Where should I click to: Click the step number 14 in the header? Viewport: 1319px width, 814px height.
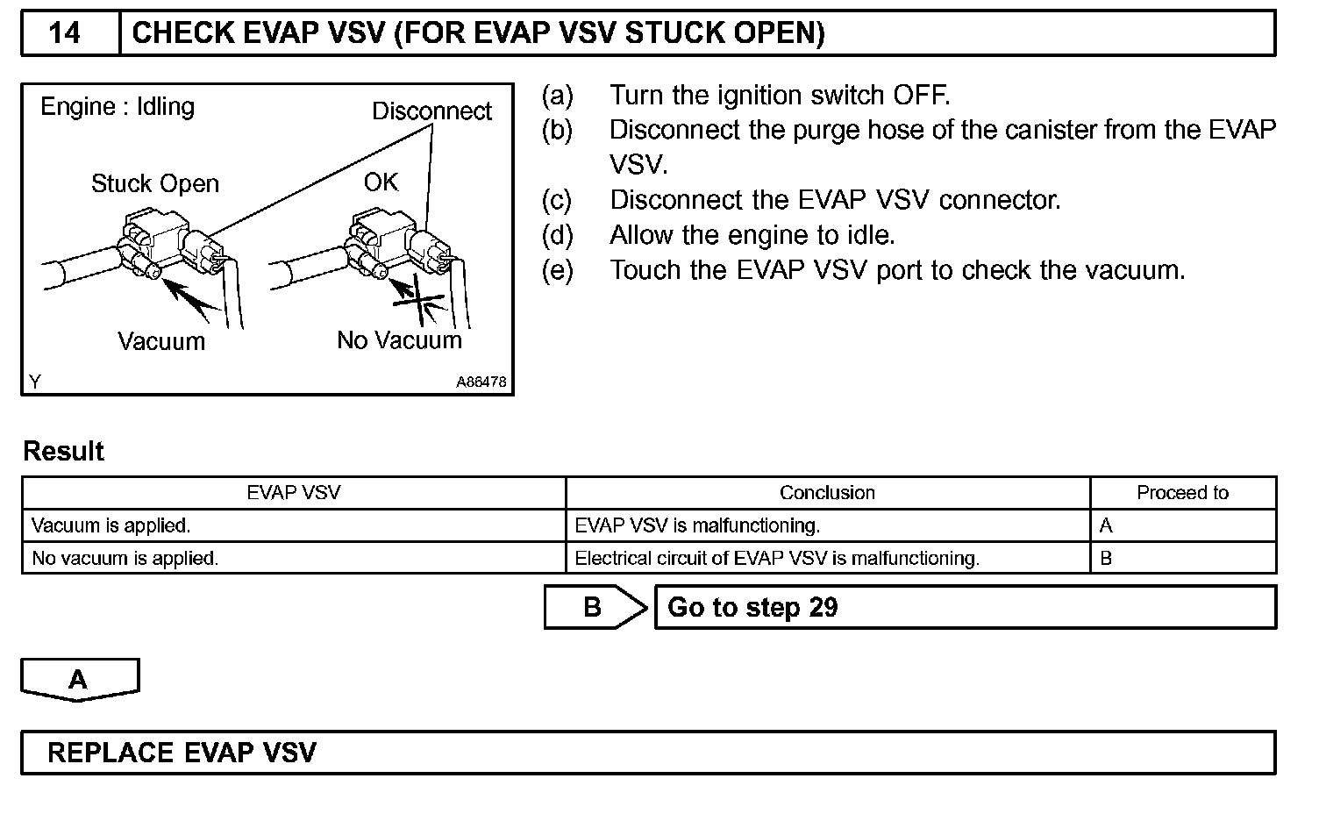click(64, 33)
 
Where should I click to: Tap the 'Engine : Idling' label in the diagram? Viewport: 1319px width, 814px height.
click(118, 107)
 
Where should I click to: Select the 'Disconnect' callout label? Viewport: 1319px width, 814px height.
click(431, 111)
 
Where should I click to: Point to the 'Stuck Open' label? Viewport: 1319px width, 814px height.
click(154, 184)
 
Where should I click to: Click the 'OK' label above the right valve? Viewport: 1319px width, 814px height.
click(381, 182)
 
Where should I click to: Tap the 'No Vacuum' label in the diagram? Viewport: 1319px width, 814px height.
click(399, 340)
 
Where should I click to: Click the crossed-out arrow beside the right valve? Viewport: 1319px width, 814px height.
click(417, 300)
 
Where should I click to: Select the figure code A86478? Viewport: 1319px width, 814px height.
click(481, 382)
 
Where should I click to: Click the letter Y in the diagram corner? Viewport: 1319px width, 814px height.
click(35, 382)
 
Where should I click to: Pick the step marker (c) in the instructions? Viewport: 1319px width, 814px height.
click(557, 200)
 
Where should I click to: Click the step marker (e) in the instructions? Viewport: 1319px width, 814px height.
click(557, 270)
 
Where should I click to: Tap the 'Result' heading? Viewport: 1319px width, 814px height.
click(63, 452)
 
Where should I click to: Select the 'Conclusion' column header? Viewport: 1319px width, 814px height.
click(827, 493)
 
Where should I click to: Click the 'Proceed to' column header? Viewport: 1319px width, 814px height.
click(1182, 493)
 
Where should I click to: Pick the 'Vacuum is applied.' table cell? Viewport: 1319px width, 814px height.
click(111, 526)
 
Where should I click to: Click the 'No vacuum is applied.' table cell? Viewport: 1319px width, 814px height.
click(125, 559)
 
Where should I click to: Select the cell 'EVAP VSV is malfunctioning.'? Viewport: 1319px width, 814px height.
click(697, 526)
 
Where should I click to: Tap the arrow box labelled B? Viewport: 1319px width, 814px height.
click(594, 607)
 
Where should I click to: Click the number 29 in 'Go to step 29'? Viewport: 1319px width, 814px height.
click(823, 608)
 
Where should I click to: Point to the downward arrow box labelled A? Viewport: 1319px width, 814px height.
click(79, 680)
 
